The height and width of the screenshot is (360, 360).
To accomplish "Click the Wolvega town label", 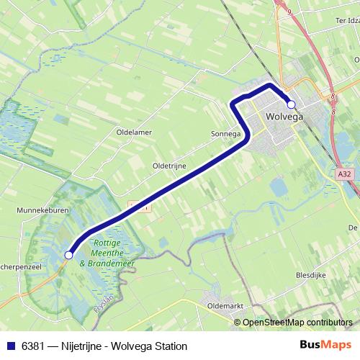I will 284,115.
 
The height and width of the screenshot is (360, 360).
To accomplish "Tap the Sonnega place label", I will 225,134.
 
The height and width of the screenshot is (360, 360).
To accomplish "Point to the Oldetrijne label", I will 169,166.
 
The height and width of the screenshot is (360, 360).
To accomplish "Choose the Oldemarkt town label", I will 226,305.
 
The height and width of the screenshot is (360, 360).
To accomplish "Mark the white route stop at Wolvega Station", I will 291,104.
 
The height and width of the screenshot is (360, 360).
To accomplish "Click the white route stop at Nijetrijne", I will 69,254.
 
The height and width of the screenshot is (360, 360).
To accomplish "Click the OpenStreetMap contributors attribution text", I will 297,322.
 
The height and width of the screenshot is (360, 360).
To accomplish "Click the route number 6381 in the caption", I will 31,346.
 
